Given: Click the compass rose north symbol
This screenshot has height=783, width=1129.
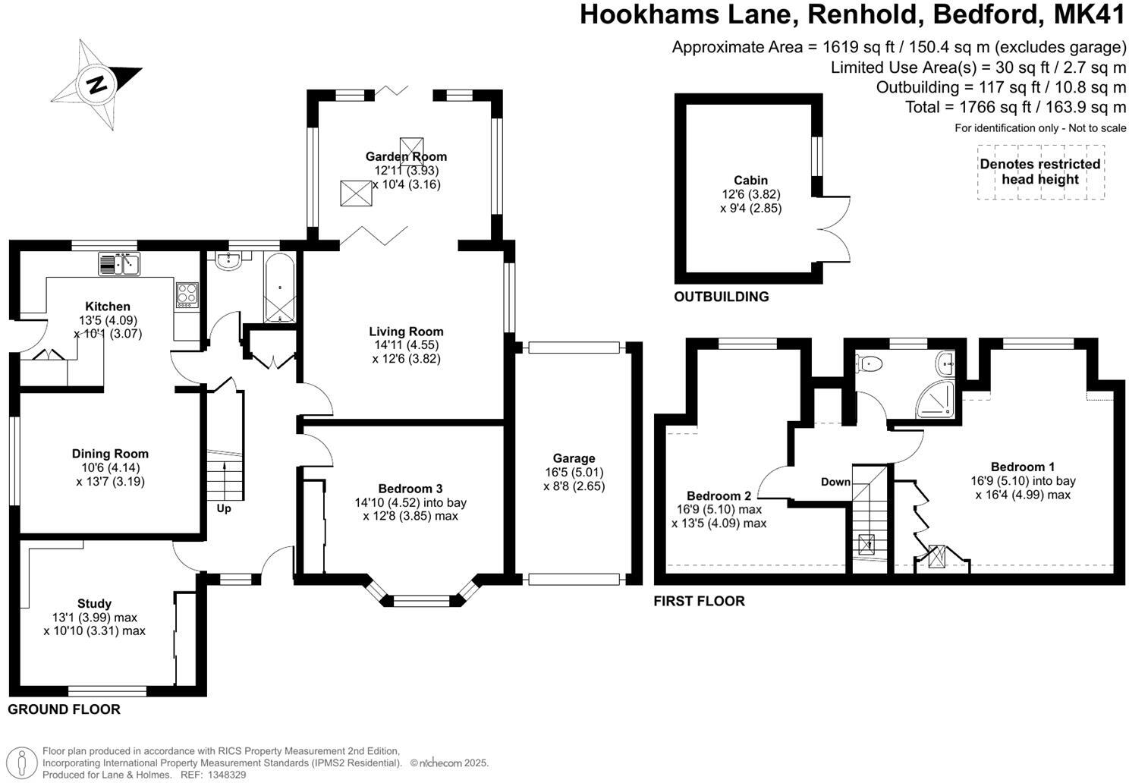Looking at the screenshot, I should coord(96,82).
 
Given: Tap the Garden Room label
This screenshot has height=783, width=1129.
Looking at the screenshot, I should coord(406,157).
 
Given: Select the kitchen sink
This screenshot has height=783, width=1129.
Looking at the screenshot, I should coord(120,264).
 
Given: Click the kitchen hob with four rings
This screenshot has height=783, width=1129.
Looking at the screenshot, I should coord(187,294).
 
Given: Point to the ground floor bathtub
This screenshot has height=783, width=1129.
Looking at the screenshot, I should coord(279,288).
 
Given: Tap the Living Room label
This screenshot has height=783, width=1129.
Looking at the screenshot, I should coord(406,332).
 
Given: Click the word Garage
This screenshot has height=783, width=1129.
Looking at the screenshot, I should coord(574,458).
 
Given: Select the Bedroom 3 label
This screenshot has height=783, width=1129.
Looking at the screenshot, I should coord(410,489).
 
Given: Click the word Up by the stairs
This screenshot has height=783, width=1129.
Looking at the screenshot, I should coord(224,508).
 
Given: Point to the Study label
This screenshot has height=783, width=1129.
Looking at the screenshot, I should coord(94,604).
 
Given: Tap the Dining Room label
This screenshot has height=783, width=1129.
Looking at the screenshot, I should coord(110,454).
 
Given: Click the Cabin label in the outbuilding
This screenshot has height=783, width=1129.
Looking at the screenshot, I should coord(750,181).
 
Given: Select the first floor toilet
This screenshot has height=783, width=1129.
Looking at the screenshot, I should coord(870,364).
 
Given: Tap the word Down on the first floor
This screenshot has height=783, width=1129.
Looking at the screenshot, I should coord(835,482).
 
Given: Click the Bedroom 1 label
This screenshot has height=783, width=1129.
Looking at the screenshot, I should coord(1022,467).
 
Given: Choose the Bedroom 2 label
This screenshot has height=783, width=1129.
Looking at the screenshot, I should coord(719,497).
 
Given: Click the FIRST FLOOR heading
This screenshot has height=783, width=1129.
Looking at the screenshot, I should coord(699,601).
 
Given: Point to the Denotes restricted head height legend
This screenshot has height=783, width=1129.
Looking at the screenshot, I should coord(1039,172).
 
